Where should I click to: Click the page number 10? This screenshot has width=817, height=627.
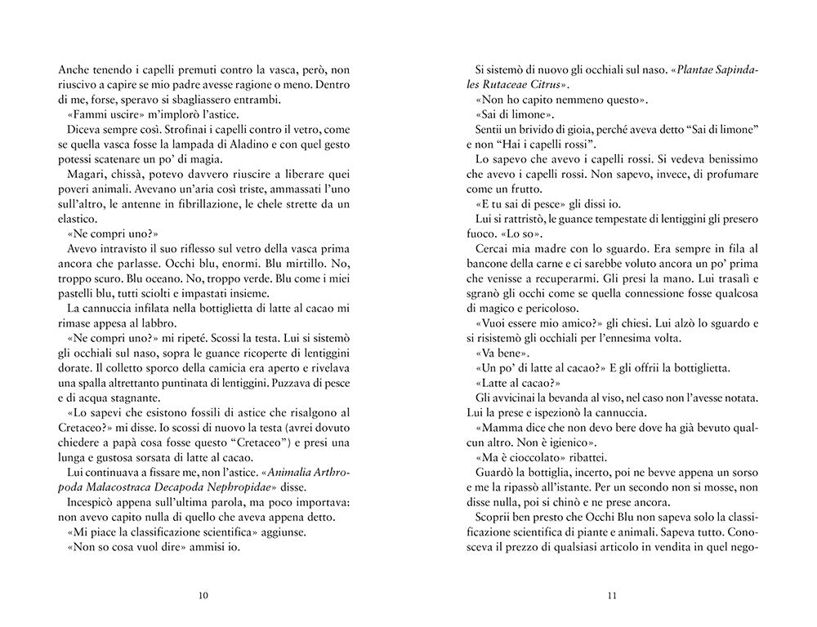(203, 594)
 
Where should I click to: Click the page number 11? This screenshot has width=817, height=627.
(612, 594)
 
